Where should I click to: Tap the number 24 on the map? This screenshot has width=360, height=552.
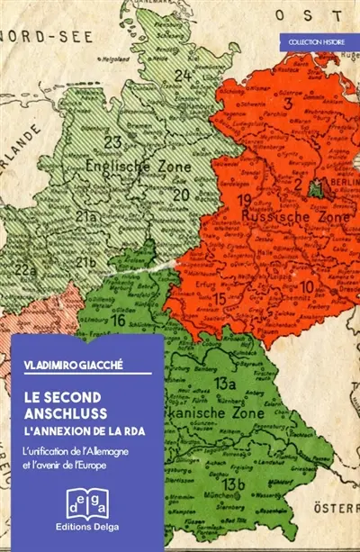point(183,75)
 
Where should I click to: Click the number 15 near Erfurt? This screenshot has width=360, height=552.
point(220,298)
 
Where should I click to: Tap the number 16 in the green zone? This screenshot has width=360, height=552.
point(117,319)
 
